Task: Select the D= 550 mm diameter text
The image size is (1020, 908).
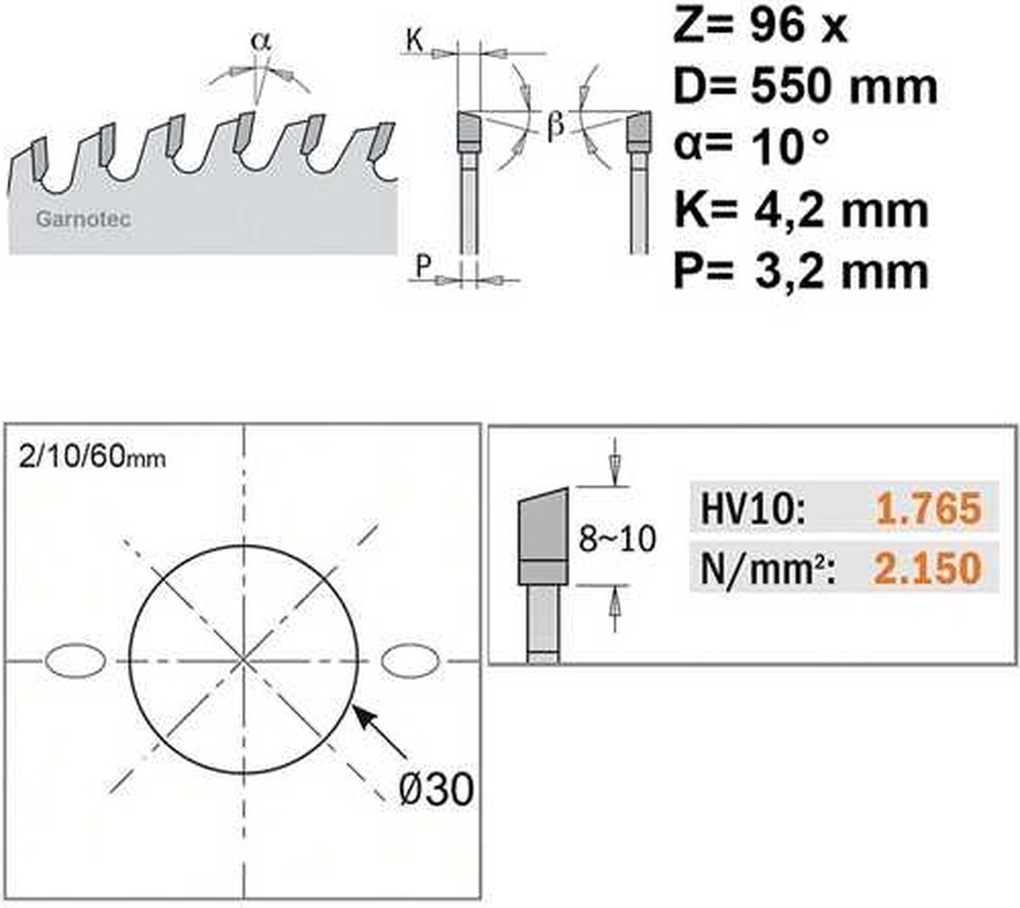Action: coord(804,87)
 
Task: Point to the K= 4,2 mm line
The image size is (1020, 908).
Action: coord(799,209)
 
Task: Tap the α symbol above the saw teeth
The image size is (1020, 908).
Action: coord(261,40)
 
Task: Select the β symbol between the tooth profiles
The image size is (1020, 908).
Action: coord(554,126)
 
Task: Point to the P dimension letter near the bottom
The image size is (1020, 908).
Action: coord(422,266)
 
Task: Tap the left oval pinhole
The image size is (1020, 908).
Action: coord(75,661)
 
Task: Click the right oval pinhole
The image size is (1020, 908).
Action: coord(411,661)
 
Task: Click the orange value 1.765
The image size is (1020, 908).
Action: coord(927,509)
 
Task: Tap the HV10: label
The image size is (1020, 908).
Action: coord(752,509)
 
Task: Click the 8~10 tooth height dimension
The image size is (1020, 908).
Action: coord(617,538)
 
